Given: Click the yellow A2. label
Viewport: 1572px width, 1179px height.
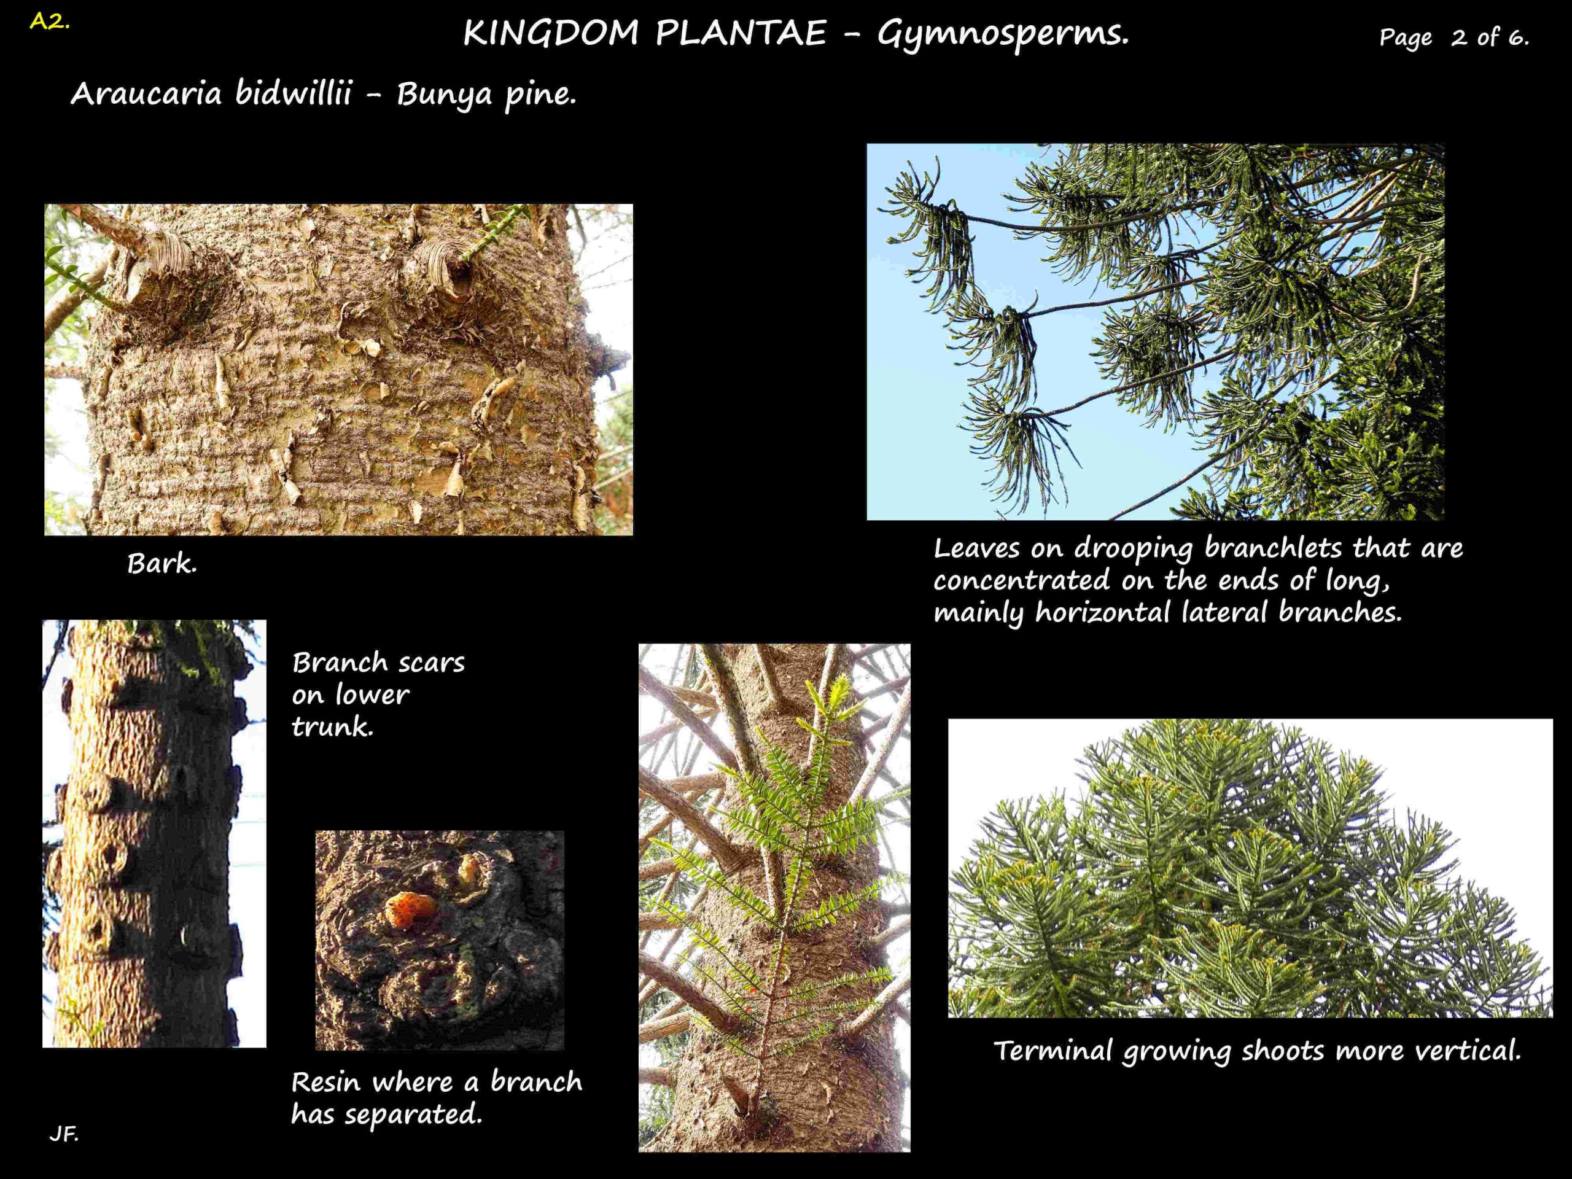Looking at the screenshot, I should click(50, 21).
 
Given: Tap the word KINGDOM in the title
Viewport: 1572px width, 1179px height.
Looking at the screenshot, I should click(551, 33).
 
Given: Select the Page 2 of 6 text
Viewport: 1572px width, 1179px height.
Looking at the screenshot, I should click(1453, 37).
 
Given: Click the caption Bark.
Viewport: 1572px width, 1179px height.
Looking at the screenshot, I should click(162, 564).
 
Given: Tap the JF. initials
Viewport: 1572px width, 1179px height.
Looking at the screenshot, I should click(64, 1134).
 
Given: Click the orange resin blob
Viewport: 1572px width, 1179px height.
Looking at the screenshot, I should click(411, 909).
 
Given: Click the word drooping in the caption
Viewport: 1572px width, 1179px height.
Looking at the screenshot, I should click(1135, 548).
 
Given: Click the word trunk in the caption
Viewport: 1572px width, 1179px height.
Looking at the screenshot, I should click(332, 726).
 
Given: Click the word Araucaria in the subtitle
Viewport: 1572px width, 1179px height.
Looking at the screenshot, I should click(146, 93).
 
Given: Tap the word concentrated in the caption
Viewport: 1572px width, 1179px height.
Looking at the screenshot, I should click(1021, 581).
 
